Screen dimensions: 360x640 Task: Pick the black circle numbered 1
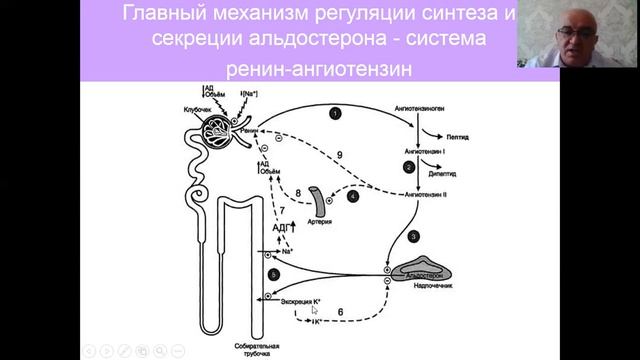click(x=335, y=115)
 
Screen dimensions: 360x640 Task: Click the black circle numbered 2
click(x=408, y=167)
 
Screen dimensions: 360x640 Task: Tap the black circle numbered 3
click(x=414, y=236)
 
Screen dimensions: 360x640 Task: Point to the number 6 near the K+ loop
click(x=340, y=313)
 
